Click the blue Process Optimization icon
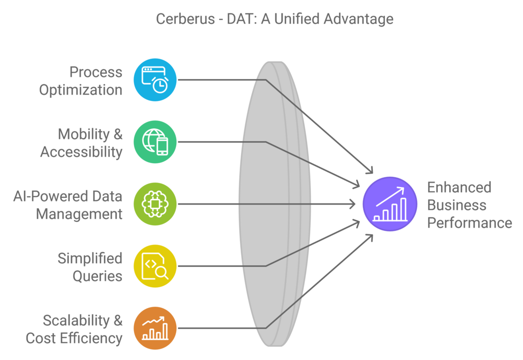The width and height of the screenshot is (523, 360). pyautogui.click(x=155, y=80)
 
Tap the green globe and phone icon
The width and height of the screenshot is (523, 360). pyautogui.click(x=155, y=142)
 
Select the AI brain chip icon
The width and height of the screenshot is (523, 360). pyautogui.click(x=155, y=204)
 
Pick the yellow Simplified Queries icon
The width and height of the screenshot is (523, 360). pyautogui.click(x=155, y=266)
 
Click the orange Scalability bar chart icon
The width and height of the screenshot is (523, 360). pyautogui.click(x=155, y=328)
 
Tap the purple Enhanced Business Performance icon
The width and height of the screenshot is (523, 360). pyautogui.click(x=390, y=204)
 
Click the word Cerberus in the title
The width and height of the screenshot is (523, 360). pyautogui.click(x=186, y=19)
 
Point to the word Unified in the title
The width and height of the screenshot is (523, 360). pyautogui.click(x=297, y=19)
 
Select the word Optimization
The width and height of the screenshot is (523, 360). pyautogui.click(x=81, y=90)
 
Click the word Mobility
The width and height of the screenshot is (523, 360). pyautogui.click(x=84, y=134)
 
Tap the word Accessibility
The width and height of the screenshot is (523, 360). pyautogui.click(x=82, y=152)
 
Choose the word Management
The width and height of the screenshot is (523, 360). pyautogui.click(x=79, y=214)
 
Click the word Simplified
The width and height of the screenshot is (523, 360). pyautogui.click(x=90, y=258)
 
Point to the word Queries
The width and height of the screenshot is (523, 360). pyautogui.click(x=97, y=276)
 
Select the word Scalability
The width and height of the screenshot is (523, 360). pyautogui.click(x=76, y=320)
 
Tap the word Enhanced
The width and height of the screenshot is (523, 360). pyautogui.click(x=459, y=187)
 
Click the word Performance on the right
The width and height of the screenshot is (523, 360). pyautogui.click(x=470, y=223)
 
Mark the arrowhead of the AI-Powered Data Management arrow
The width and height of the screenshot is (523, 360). pyautogui.click(x=354, y=204)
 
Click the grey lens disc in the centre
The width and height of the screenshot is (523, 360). pyautogui.click(x=275, y=204)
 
